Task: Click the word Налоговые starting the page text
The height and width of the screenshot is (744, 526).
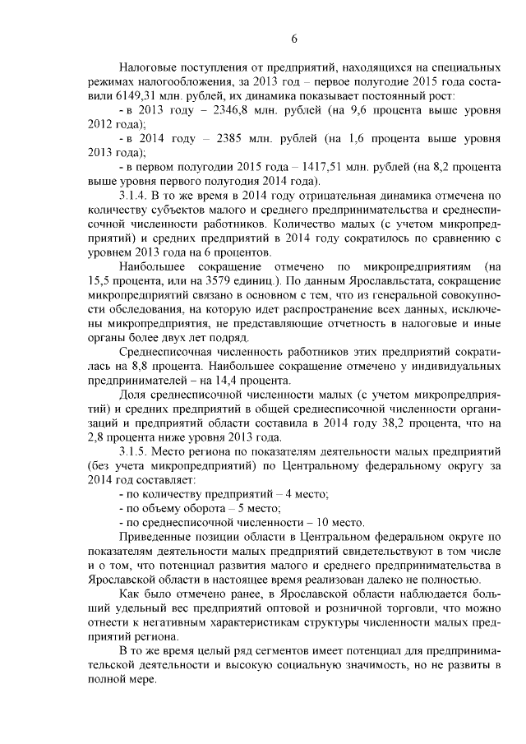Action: coord(147,63)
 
